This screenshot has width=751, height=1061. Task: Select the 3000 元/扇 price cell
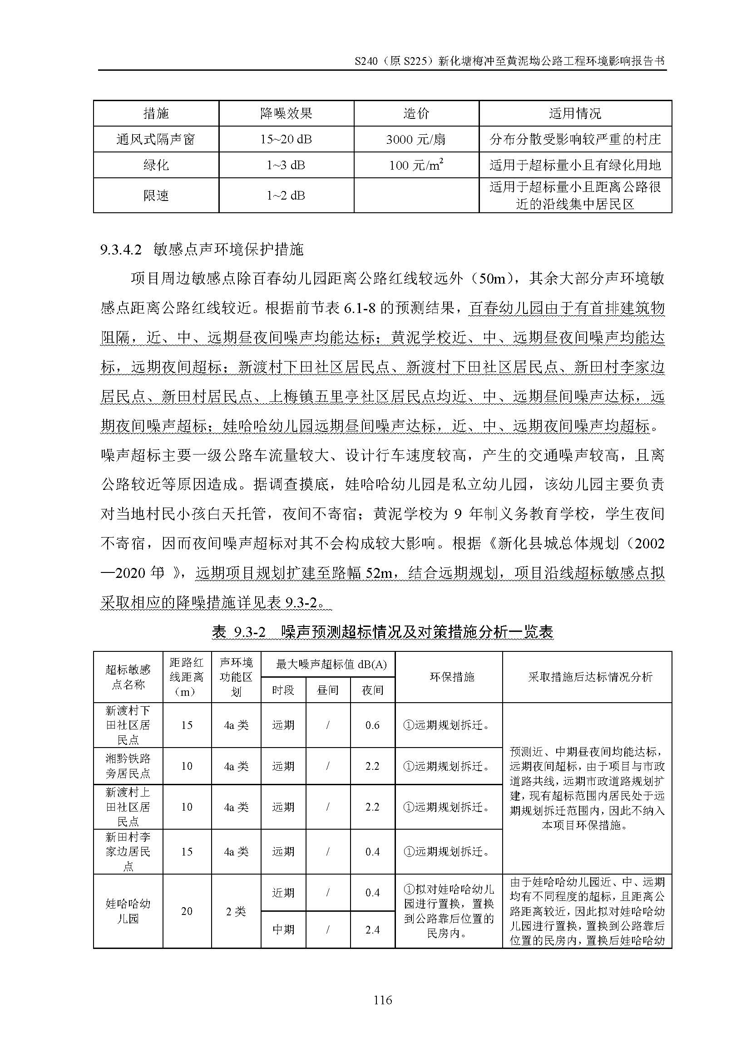click(416, 139)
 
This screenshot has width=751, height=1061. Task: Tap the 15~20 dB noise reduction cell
click(286, 139)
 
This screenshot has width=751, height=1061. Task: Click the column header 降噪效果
click(286, 113)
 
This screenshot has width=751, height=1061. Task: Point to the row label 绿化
click(156, 165)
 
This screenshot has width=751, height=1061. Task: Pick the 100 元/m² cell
click(416, 165)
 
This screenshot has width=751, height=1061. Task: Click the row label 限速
click(156, 196)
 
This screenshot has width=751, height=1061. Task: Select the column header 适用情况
click(575, 113)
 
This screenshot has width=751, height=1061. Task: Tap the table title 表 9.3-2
click(239, 632)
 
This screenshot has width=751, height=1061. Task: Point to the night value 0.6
click(372, 725)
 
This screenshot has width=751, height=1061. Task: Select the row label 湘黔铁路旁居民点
click(128, 766)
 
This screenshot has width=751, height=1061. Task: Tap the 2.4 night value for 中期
click(372, 929)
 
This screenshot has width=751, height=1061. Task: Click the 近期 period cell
click(283, 892)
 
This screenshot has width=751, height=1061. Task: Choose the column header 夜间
click(372, 690)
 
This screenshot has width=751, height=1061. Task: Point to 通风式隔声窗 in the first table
click(156, 139)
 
